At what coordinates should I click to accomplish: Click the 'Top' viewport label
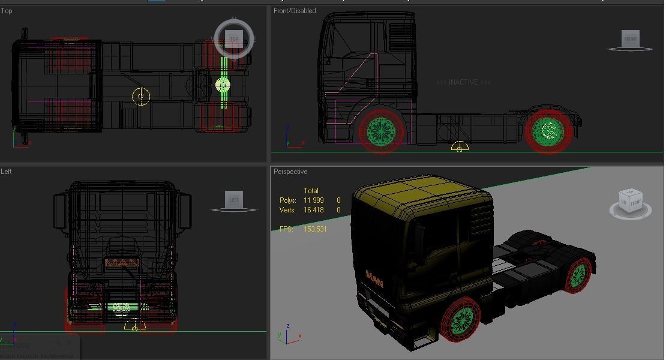point(7,11)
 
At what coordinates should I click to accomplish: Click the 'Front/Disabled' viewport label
point(295,11)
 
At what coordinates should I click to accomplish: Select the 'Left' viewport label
point(7,172)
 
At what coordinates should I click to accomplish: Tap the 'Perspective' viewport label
point(290,172)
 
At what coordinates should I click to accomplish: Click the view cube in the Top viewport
point(234,39)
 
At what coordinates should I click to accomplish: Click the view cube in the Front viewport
point(630,40)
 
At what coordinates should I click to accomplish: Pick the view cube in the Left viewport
point(234,200)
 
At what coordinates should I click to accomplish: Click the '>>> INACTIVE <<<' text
point(463,82)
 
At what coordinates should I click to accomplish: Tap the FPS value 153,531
point(315,229)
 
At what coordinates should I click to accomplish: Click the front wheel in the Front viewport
point(381,130)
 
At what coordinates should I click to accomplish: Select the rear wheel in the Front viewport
point(548,130)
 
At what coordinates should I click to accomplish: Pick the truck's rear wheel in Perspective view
point(578,275)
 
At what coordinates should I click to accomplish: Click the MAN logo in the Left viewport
point(122,263)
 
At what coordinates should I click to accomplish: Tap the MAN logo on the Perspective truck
point(374,279)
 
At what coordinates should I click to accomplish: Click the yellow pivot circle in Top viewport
point(141,96)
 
